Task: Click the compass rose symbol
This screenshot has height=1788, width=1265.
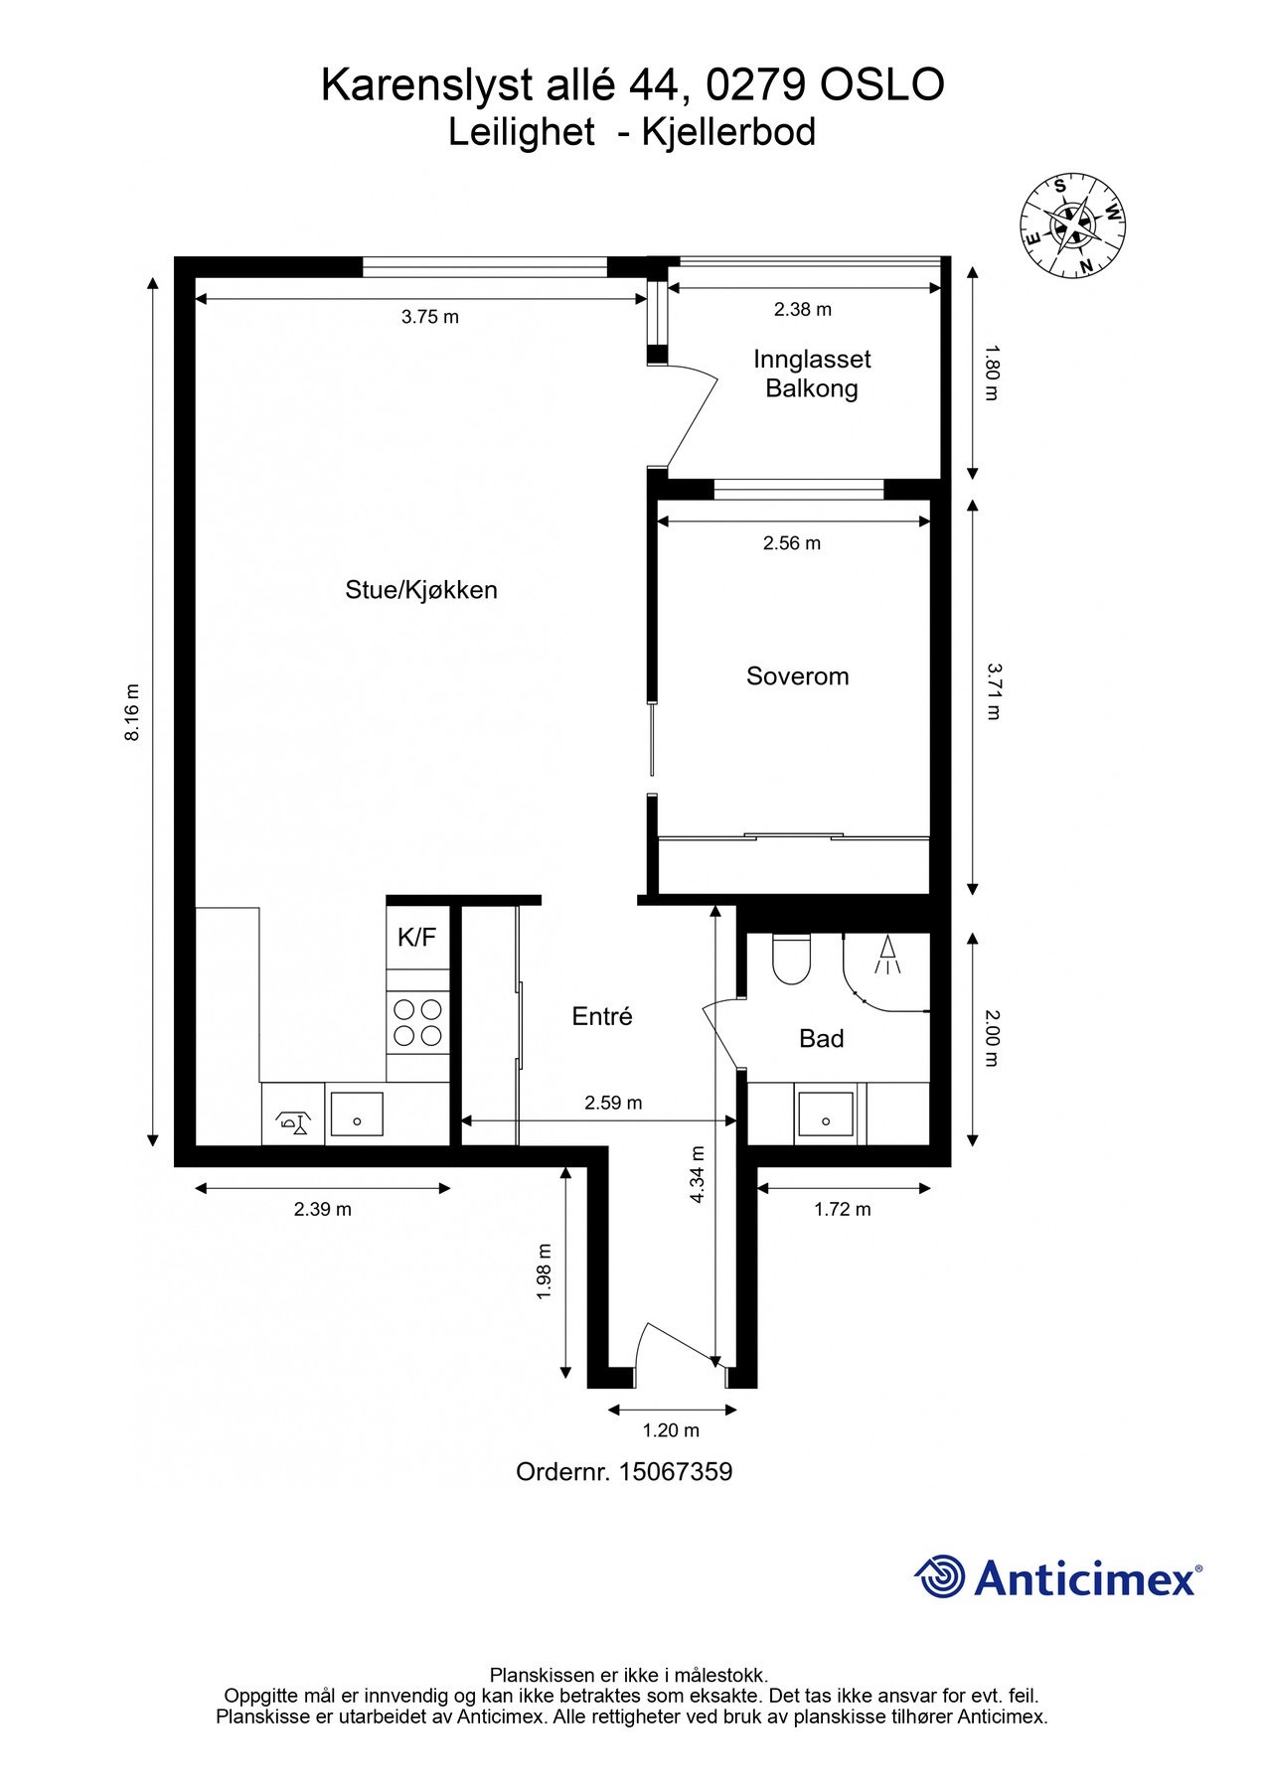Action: (x=1073, y=226)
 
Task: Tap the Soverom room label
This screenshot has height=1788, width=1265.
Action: (x=797, y=676)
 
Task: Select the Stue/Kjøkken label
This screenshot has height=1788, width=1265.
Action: (x=421, y=590)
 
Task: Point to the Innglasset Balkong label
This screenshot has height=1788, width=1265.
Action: (x=812, y=373)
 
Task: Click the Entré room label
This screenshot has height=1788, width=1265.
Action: (x=602, y=1016)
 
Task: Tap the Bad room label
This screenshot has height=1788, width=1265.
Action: (x=821, y=1039)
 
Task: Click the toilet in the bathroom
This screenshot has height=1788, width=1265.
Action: (x=792, y=959)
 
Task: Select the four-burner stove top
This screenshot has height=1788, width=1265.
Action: (x=417, y=1022)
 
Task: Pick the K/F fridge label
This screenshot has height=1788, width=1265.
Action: (x=416, y=937)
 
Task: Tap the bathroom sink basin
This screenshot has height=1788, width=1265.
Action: (x=825, y=1114)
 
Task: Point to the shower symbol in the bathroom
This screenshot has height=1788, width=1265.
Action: (x=886, y=955)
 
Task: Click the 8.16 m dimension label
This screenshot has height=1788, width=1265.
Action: (x=132, y=712)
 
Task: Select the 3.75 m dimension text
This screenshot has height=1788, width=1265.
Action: (x=430, y=317)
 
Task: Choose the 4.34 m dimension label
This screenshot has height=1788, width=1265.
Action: (x=697, y=1175)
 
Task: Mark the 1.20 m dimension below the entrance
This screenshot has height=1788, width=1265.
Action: (x=671, y=1430)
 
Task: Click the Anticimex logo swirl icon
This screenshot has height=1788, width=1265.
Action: (x=940, y=1576)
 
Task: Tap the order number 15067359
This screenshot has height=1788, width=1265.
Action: (x=675, y=1472)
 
